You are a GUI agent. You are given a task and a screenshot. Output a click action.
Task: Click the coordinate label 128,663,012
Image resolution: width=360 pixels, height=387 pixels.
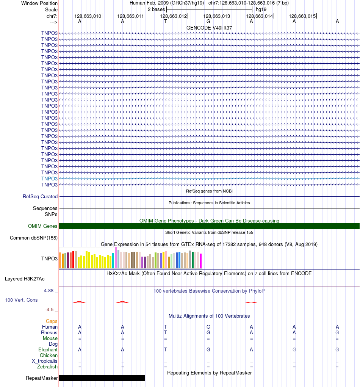pos(174,16)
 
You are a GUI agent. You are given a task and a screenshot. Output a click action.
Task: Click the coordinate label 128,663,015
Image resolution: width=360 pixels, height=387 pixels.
pos(302,16)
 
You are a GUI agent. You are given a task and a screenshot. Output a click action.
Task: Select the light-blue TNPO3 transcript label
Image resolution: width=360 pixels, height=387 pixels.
pos(49,179)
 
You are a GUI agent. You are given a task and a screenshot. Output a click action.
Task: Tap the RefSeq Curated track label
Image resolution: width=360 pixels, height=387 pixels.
pos(40,197)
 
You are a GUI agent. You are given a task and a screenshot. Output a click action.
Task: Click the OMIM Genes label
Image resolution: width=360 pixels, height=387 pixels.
pos(43,226)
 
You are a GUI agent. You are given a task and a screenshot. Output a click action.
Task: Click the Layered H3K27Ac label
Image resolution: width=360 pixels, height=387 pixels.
pos(25,279)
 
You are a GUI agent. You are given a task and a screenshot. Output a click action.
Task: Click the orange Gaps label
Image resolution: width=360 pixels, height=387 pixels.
pos(52,321)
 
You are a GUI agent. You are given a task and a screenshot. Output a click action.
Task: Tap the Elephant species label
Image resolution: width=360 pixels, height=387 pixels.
pos(48,350)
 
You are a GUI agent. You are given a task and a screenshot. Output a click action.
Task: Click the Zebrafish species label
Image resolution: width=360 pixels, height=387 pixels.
pos(47,367)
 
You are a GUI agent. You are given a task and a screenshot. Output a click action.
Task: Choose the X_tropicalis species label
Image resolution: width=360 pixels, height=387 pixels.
pos(45,361)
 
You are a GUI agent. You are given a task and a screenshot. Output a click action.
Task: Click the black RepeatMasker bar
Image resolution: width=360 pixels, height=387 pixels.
pos(102,378)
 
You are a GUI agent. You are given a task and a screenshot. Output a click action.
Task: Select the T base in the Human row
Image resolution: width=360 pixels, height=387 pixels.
pos(166,327)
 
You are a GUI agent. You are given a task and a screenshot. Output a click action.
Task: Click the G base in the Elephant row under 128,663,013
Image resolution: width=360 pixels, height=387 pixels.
pos(208,350)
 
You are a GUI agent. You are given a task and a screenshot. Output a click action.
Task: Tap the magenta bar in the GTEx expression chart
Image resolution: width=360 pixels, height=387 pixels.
pos(201,261)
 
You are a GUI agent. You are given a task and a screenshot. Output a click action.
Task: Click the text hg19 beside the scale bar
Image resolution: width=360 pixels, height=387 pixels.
pos(261,9)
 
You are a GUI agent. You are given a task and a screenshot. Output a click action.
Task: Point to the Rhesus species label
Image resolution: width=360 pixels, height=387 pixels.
pos(49,333)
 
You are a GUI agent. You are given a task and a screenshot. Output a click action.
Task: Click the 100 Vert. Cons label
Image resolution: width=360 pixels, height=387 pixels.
pos(21,300)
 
